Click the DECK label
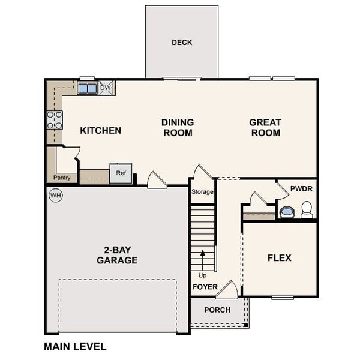point(182,43)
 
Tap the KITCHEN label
point(101,130)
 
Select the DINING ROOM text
point(178,127)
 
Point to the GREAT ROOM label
point(265,127)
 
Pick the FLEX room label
point(279,258)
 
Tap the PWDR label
point(301,188)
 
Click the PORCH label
point(217,310)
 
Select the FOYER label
point(205,287)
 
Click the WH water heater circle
point(56,196)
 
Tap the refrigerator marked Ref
point(121,173)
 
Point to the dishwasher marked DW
point(106,88)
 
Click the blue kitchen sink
point(87,89)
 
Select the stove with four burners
point(55,120)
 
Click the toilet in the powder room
point(307,209)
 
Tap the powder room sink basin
point(287,212)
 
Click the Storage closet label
point(202,192)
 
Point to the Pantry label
point(62,178)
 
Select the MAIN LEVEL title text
point(75,346)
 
